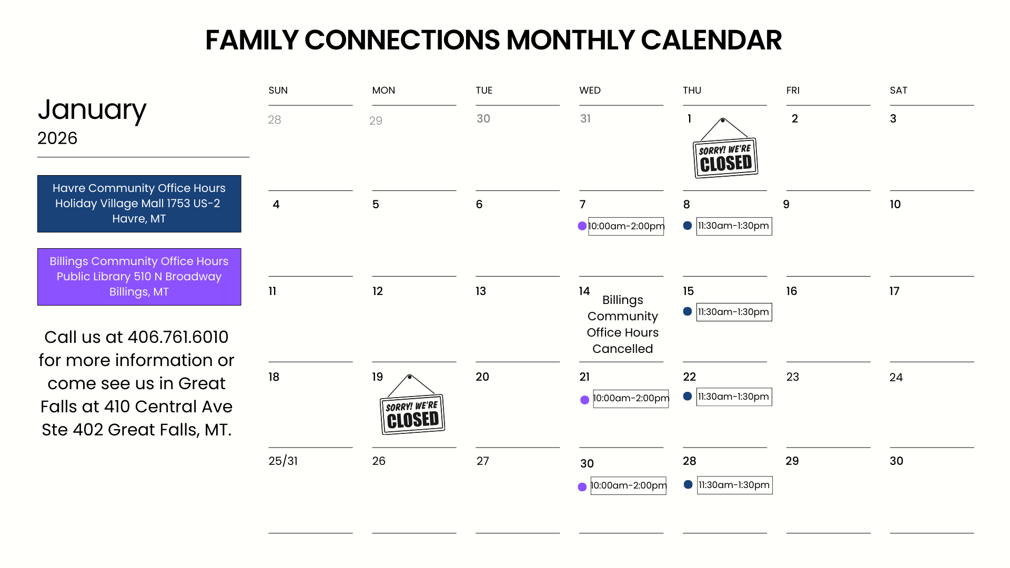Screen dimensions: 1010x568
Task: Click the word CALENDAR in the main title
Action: click(x=711, y=40)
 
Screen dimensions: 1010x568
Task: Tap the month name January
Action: click(x=92, y=110)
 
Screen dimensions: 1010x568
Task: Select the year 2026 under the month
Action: click(x=57, y=138)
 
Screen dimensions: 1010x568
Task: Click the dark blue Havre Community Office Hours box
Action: click(x=139, y=204)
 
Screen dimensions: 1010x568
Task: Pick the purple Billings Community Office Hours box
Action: click(x=139, y=277)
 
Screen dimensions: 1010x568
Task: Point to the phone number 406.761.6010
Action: click(x=178, y=337)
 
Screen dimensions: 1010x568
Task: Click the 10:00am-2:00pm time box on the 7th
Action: click(x=626, y=226)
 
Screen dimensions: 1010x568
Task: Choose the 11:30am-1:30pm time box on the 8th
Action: click(x=734, y=226)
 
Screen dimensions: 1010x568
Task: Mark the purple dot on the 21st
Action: click(x=584, y=400)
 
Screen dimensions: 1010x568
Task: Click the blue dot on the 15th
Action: click(x=688, y=311)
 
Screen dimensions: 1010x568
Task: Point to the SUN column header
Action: click(x=278, y=90)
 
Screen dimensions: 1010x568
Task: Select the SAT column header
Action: click(x=898, y=90)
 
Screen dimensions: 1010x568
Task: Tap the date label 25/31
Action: click(x=283, y=461)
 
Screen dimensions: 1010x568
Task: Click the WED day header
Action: click(x=590, y=90)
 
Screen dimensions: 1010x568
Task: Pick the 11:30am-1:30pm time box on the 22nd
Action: click(x=734, y=397)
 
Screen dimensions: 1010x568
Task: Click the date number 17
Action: click(x=894, y=291)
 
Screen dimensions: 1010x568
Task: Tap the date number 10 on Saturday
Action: click(x=895, y=205)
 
